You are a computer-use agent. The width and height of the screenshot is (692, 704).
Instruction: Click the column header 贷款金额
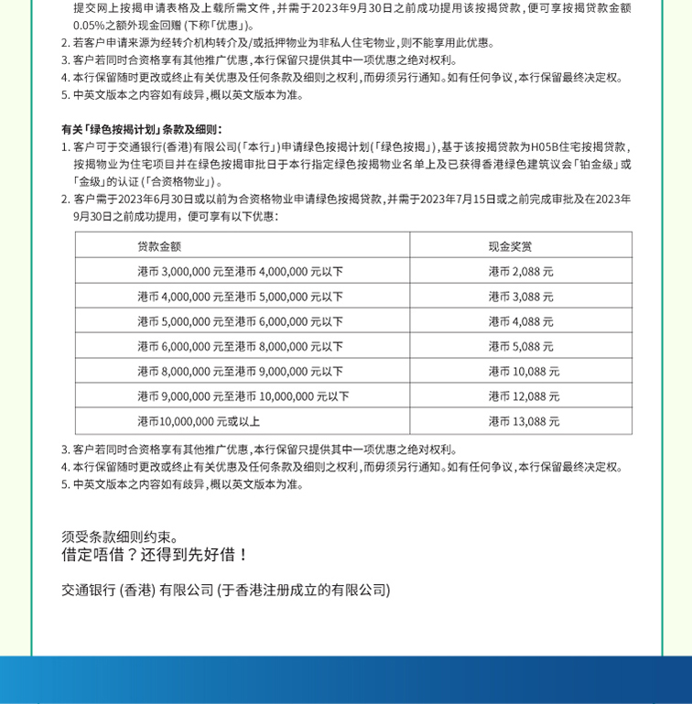click(x=159, y=246)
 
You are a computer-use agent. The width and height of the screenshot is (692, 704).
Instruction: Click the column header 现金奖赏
click(x=510, y=246)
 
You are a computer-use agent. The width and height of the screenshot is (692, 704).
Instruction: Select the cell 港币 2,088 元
click(x=521, y=272)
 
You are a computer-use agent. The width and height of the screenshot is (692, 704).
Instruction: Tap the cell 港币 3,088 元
click(x=521, y=297)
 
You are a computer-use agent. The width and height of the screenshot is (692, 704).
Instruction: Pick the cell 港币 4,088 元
click(x=521, y=321)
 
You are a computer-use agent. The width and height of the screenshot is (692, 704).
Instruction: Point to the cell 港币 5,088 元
click(x=521, y=346)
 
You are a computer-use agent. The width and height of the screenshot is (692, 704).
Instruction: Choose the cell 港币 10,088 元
click(x=524, y=371)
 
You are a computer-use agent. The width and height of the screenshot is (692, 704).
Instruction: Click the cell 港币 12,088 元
click(x=524, y=396)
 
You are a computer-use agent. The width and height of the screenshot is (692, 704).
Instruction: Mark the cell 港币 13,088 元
click(x=524, y=421)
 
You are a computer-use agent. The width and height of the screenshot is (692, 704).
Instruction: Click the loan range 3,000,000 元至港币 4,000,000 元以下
click(x=241, y=272)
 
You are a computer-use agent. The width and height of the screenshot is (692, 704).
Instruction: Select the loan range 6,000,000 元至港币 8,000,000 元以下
click(x=241, y=346)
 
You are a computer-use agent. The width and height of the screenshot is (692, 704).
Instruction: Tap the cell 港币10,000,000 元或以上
click(x=199, y=421)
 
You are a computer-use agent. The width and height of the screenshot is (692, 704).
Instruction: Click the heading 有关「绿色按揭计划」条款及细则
click(x=142, y=129)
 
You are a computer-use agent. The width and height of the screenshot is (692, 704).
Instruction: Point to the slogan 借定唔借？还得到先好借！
click(x=156, y=555)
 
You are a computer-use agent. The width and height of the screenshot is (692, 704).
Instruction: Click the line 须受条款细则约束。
click(x=122, y=536)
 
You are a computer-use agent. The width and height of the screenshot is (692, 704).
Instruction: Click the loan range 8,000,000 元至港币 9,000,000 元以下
click(x=241, y=371)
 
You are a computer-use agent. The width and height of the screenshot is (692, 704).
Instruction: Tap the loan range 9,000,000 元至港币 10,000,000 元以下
click(x=243, y=396)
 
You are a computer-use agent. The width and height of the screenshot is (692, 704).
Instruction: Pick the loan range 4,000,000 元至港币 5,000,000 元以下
click(x=241, y=297)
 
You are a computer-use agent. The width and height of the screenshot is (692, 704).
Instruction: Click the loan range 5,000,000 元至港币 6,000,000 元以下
click(x=241, y=321)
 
